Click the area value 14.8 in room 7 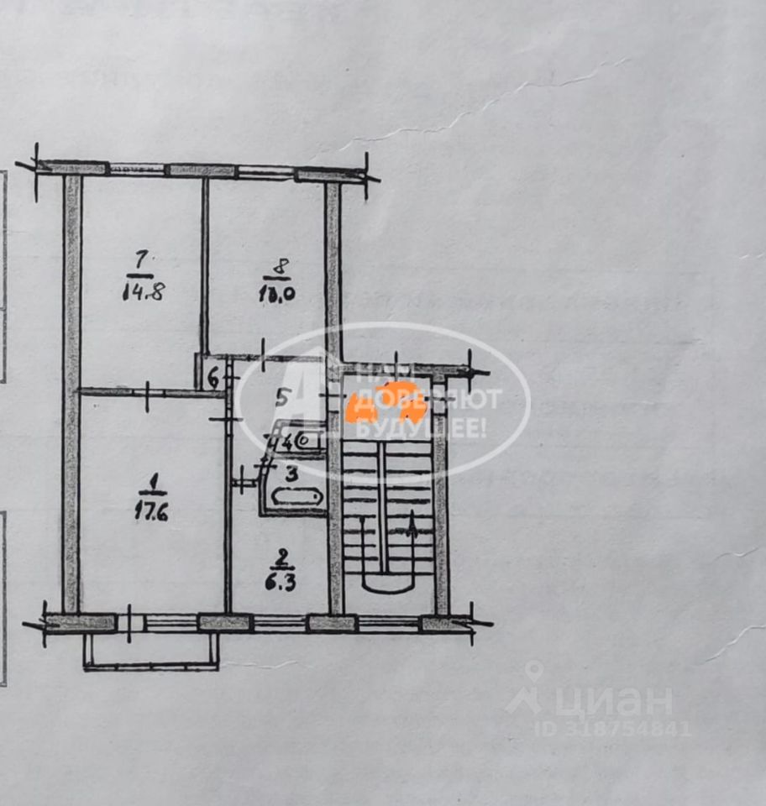click(x=140, y=294)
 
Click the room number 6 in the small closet click(x=213, y=379)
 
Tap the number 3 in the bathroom click(x=291, y=474)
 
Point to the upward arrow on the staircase click(x=412, y=527)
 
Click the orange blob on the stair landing click(x=388, y=401)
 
